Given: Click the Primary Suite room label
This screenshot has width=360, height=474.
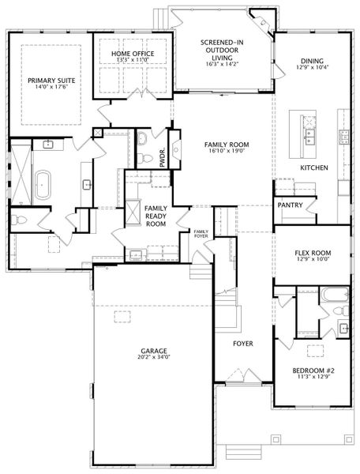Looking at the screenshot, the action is coord(51,81).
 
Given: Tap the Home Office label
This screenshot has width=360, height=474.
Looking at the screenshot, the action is coord(133,54).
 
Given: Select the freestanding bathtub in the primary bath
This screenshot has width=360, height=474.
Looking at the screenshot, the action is coord(43,185).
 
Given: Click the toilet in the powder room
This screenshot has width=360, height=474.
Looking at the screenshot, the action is coord(145,157).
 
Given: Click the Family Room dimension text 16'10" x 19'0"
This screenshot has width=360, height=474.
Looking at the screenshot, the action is coord(227,151).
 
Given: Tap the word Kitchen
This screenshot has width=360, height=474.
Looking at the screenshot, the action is coord(314,167).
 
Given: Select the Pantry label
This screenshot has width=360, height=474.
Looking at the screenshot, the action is coord(290,205).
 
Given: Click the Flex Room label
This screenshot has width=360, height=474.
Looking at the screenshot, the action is coord(313,253).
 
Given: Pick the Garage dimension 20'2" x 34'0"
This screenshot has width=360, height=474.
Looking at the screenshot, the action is coord(154,357).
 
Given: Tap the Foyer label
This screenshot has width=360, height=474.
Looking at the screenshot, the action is coord(243,344).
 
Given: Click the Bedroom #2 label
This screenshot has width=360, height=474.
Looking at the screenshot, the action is coord(313,371).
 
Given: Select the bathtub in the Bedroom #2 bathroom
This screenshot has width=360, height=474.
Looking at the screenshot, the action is coord(335,294).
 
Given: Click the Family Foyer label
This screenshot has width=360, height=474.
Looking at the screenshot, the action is coord(201,234).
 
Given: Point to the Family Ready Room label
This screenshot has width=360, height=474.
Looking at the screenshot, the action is coord(156,216).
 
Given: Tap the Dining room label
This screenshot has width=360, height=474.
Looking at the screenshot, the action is coord(313,61).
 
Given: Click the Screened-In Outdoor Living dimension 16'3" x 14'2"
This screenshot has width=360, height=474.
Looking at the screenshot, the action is coord(222,64).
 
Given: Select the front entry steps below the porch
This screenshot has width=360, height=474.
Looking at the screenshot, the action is coord(244,452).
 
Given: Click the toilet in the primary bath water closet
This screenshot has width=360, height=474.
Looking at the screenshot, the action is coord(19,220).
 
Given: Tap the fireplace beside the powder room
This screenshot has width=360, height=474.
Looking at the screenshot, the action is coord(174,149).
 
